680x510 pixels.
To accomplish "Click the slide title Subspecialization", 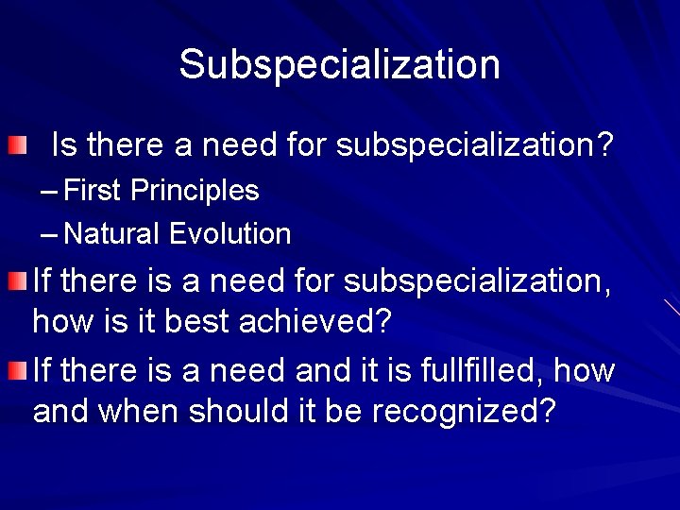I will (x=339, y=64).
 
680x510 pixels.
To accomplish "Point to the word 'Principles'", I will (x=195, y=191).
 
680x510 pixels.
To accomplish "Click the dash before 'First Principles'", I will (x=50, y=192).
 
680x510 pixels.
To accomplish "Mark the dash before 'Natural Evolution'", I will (x=50, y=234).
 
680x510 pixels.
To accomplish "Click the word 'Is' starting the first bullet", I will (x=63, y=145).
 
